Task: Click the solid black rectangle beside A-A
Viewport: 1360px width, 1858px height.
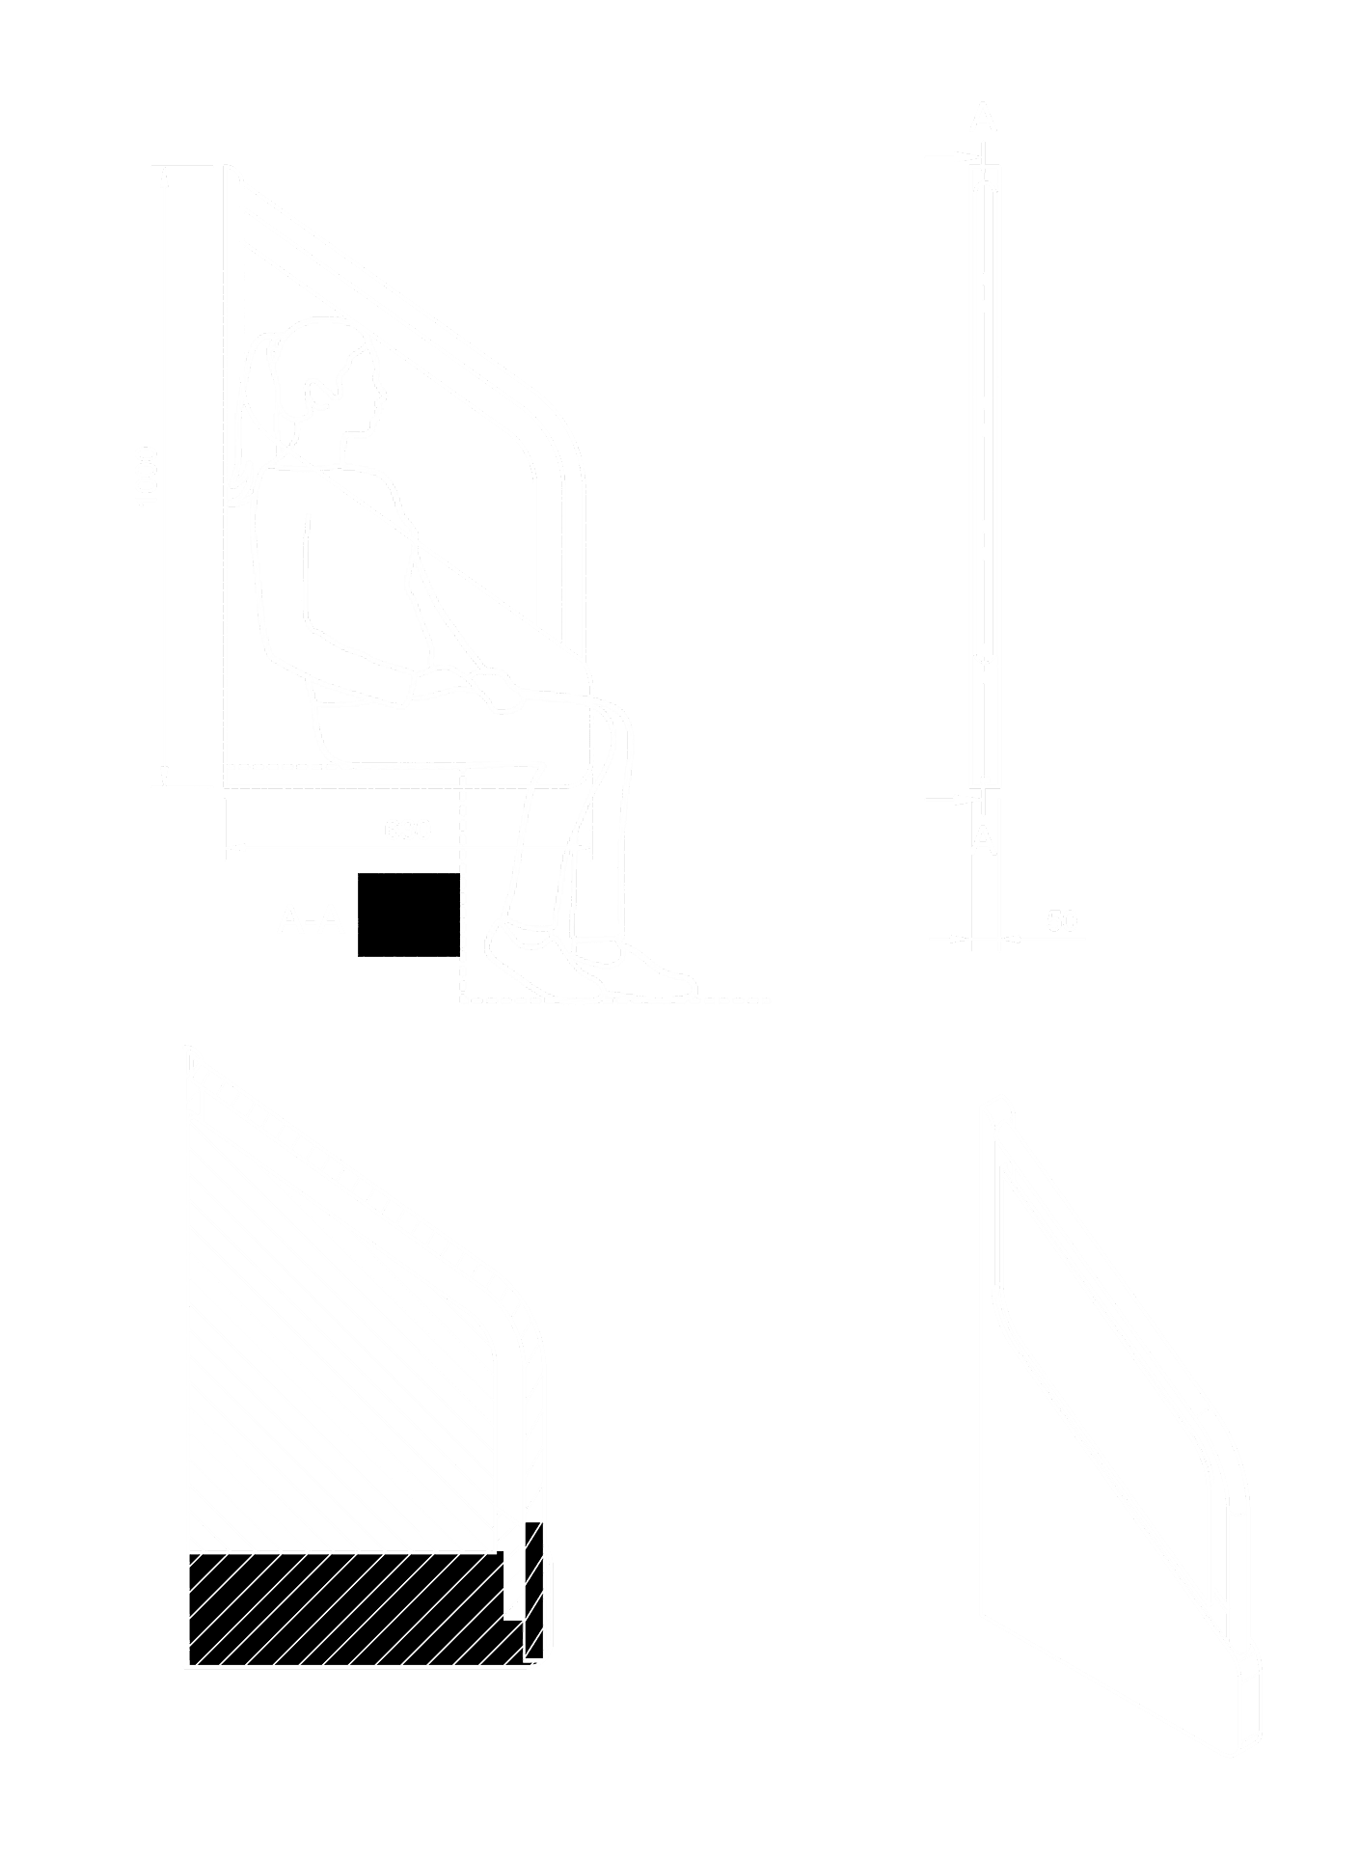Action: pos(408,915)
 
